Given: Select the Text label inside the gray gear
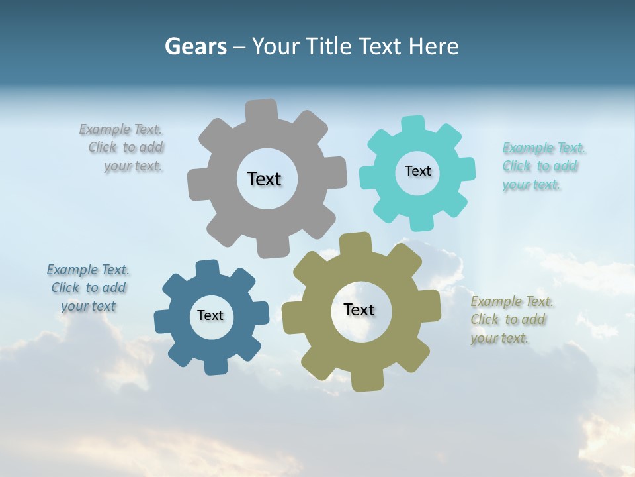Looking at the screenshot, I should pyautogui.click(x=264, y=179).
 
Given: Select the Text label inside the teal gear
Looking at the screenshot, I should pyautogui.click(x=417, y=171).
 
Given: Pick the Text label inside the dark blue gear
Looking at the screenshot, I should pyautogui.click(x=210, y=315).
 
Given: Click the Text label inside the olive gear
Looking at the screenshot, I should pyautogui.click(x=359, y=309).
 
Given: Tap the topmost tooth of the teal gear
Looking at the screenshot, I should pyautogui.click(x=413, y=125).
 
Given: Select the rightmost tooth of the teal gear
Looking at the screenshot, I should pyautogui.click(x=465, y=168).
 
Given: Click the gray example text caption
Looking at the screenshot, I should pyautogui.click(x=124, y=148).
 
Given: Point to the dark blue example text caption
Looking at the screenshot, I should pyautogui.click(x=88, y=288).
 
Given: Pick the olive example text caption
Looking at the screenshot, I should pyautogui.click(x=511, y=320).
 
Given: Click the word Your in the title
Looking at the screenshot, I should pyautogui.click(x=276, y=46).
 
